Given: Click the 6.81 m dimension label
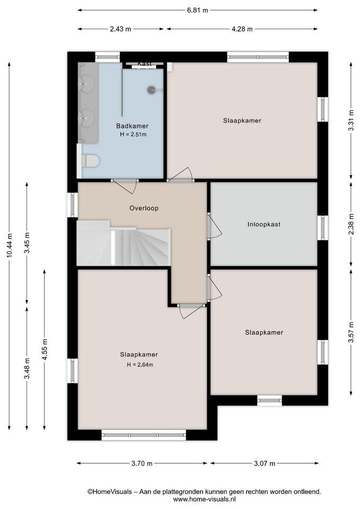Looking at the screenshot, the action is pyautogui.click(x=197, y=10).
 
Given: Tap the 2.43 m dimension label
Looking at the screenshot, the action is pyautogui.click(x=120, y=29).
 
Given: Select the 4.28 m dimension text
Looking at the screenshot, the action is pyautogui.click(x=242, y=29).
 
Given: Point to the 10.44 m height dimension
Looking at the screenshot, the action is pyautogui.click(x=10, y=245).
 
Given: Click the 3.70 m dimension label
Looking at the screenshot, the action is pyautogui.click(x=142, y=463).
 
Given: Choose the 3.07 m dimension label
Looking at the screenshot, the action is pyautogui.click(x=264, y=463).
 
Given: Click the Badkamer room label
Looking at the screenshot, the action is pyautogui.click(x=133, y=126).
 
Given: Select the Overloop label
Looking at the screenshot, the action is pyautogui.click(x=144, y=208).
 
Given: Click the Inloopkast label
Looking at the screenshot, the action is pyautogui.click(x=264, y=224).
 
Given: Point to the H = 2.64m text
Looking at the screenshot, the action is pyautogui.click(x=140, y=365).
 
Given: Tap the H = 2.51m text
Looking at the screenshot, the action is pyautogui.click(x=133, y=134).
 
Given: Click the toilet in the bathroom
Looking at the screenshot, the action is pyautogui.click(x=90, y=161).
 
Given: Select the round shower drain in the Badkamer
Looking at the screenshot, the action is pyautogui.click(x=151, y=90).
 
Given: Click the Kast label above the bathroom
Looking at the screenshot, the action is pyautogui.click(x=144, y=64).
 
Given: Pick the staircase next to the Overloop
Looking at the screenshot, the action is pyautogui.click(x=124, y=243).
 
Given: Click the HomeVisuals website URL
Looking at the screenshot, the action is pyautogui.click(x=205, y=499).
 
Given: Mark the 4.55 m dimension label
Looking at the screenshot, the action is pyautogui.click(x=45, y=349).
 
